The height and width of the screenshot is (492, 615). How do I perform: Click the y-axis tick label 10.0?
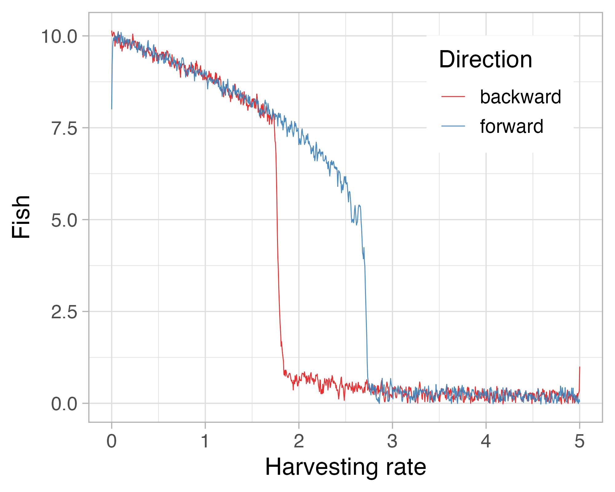pyautogui.click(x=59, y=37)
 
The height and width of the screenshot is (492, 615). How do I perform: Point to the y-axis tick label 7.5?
pyautogui.click(x=64, y=129)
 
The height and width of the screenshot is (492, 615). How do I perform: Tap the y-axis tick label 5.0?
pyautogui.click(x=64, y=220)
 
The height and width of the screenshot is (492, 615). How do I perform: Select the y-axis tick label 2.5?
pyautogui.click(x=64, y=312)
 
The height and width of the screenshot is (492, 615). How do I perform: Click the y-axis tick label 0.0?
pyautogui.click(x=64, y=404)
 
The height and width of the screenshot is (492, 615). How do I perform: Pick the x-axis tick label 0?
pyautogui.click(x=112, y=442)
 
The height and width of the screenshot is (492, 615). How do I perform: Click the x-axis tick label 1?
pyautogui.click(x=205, y=442)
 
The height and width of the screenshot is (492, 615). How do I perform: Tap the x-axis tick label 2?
pyautogui.click(x=299, y=442)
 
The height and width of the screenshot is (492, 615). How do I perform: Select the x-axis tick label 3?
pyautogui.click(x=392, y=442)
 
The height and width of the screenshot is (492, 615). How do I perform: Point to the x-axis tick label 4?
pyautogui.click(x=486, y=442)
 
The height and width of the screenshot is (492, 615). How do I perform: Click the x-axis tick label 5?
pyautogui.click(x=579, y=442)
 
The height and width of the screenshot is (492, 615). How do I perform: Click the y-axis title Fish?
pyautogui.click(x=21, y=217)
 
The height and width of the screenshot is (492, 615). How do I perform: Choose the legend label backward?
pyautogui.click(x=520, y=97)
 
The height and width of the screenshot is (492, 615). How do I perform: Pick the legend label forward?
pyautogui.click(x=512, y=126)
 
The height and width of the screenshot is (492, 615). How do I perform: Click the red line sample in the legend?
pyautogui.click(x=453, y=97)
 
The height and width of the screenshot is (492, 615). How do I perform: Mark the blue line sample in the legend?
pyautogui.click(x=453, y=126)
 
